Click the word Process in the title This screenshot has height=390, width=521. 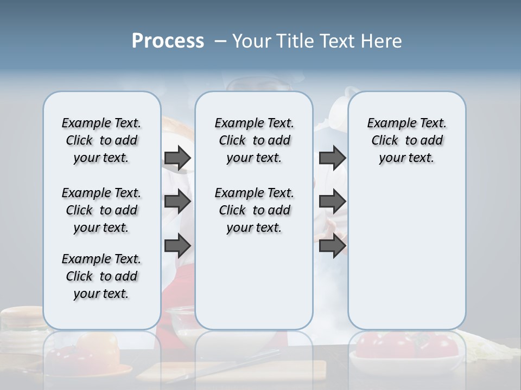tap(168, 41)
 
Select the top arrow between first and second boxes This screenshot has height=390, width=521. tap(177, 158)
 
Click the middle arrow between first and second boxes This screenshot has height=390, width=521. tap(177, 201)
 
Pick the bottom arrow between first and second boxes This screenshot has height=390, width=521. tap(177, 246)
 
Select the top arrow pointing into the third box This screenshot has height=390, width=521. tap(332, 158)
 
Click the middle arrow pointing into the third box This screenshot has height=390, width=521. tap(332, 201)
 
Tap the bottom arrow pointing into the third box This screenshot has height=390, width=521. tap(332, 246)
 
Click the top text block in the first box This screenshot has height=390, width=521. tap(101, 140)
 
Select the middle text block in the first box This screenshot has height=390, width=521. tap(101, 210)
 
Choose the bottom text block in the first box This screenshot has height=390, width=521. tap(101, 276)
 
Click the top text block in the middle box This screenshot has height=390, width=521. tap(254, 140)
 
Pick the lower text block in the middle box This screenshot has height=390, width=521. tap(254, 210)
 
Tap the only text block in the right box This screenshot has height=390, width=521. tap(406, 140)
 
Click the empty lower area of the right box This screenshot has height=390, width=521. tap(406, 255)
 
